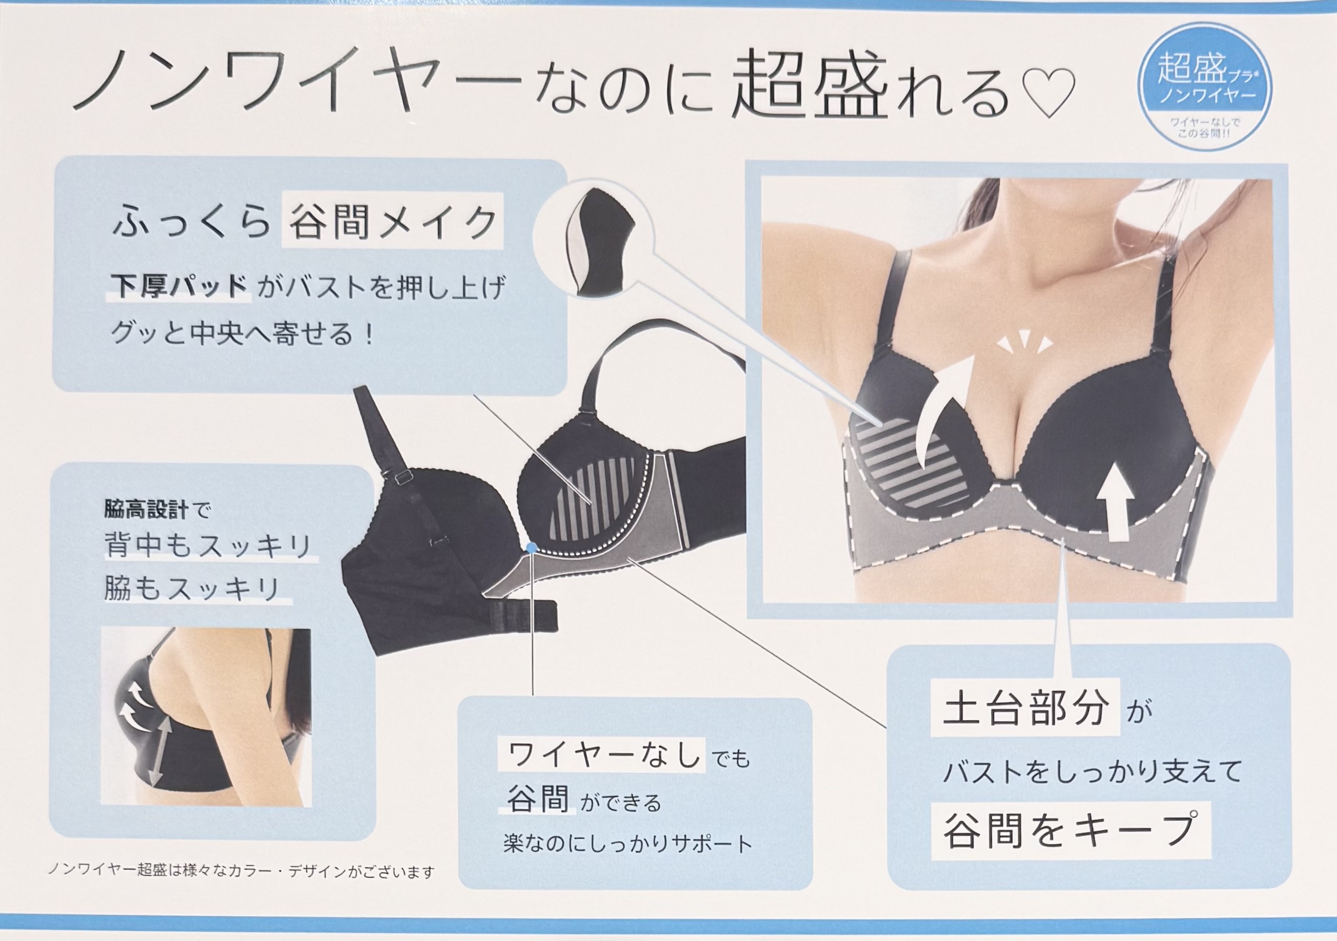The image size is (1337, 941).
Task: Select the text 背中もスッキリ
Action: [209, 545]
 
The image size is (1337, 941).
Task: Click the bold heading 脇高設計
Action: [146, 510]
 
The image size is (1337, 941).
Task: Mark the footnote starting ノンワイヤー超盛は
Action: [242, 871]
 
